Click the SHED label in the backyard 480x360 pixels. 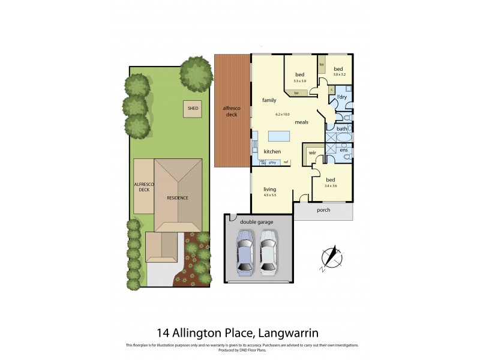pyautogui.click(x=193, y=109)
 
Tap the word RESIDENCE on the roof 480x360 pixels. pyautogui.click(x=178, y=198)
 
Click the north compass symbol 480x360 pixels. pyautogui.click(x=331, y=257)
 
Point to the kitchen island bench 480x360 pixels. pyautogui.click(x=278, y=136)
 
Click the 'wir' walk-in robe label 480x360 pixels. pyautogui.click(x=312, y=153)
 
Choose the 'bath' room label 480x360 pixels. pyautogui.click(x=341, y=128)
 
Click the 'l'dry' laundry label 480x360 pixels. pyautogui.click(x=342, y=97)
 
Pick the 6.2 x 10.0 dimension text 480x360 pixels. pyautogui.click(x=282, y=114)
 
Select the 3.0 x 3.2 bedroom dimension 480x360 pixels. pyautogui.click(x=339, y=75)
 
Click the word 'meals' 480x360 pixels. pyautogui.click(x=301, y=122)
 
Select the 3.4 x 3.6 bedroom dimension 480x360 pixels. pyautogui.click(x=331, y=186)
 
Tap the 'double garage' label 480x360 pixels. pyautogui.click(x=257, y=222)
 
